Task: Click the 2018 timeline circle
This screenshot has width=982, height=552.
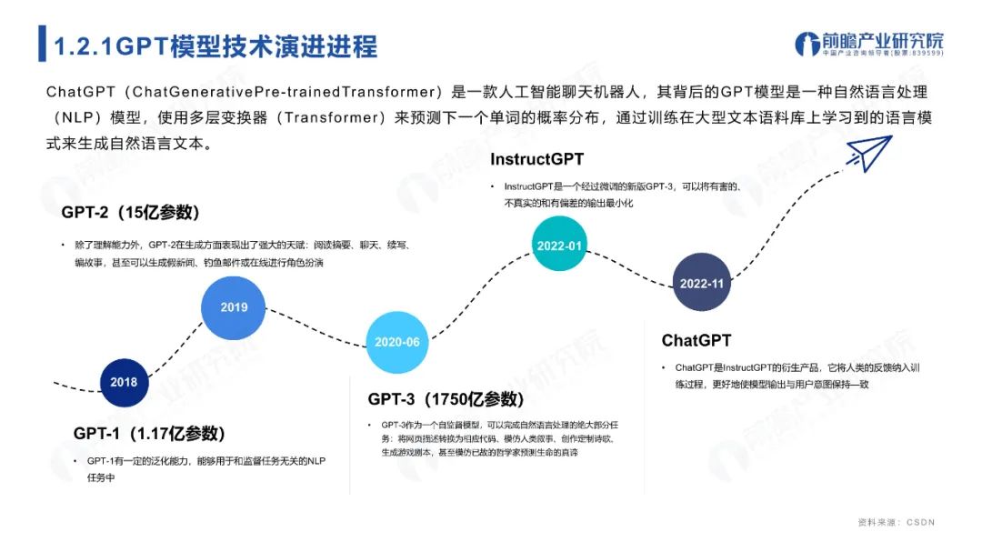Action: pos(124,382)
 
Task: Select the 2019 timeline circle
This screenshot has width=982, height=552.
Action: pos(234,307)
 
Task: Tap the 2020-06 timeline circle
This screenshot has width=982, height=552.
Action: pos(397,342)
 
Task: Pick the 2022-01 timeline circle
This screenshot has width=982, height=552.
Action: pos(560,246)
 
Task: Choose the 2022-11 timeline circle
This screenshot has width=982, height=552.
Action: pos(702,284)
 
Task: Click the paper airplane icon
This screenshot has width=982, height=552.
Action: pos(869,153)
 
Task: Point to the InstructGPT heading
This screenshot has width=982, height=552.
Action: pos(536,159)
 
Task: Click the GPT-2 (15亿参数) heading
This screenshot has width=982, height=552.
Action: pos(130,213)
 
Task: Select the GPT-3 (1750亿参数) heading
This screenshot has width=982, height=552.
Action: pos(446,399)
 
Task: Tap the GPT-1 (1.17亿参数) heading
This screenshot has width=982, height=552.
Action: pos(149,434)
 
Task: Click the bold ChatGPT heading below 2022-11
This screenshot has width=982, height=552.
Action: pos(696,341)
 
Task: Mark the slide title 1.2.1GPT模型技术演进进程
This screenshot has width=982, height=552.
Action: pos(215,46)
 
